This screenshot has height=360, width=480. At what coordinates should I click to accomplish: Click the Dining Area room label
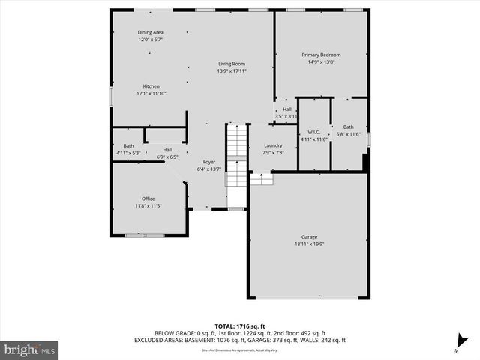(150, 32)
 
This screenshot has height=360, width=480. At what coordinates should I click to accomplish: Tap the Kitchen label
(151, 86)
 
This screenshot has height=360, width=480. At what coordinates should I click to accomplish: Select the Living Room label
(232, 64)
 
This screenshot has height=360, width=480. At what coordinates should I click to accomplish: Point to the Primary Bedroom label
(321, 55)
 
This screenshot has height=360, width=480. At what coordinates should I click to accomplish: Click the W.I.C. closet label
(315, 132)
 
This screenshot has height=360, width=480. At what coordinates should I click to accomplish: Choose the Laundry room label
(273, 145)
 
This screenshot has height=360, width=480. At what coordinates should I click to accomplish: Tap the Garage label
(309, 236)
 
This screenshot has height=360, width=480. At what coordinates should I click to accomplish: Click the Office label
(148, 199)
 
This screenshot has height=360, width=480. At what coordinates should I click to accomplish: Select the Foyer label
(209, 162)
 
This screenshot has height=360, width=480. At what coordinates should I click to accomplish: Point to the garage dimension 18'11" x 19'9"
(309, 244)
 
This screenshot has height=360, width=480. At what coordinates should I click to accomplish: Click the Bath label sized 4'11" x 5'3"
(128, 146)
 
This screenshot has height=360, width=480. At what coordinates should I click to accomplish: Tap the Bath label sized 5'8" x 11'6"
(348, 127)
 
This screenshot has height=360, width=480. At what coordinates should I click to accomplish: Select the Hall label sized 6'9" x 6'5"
(167, 149)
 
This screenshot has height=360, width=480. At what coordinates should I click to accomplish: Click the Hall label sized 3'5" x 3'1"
(286, 109)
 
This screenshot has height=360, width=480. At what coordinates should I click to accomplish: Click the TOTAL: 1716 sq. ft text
(240, 326)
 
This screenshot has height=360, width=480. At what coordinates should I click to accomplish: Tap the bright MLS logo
(30, 349)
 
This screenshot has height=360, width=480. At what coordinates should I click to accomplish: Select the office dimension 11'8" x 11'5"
(148, 205)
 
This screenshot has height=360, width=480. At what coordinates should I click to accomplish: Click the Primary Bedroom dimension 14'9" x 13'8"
(321, 62)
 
